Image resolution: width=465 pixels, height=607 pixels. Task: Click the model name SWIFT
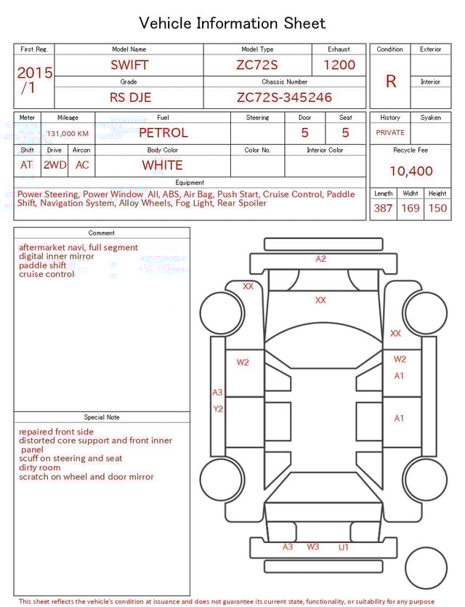[129, 65]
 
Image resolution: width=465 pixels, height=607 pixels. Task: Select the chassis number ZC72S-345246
[284, 97]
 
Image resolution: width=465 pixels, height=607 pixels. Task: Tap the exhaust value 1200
[339, 65]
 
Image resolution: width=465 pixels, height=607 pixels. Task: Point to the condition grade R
[390, 81]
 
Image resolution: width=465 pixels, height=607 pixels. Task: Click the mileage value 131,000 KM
[68, 134]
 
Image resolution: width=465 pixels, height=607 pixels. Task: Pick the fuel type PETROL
[163, 133]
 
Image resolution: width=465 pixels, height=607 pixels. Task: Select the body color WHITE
[162, 165]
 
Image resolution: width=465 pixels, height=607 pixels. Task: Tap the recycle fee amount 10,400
[411, 172]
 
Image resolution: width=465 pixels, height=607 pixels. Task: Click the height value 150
[437, 209]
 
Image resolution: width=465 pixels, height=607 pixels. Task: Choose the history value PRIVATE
[390, 133]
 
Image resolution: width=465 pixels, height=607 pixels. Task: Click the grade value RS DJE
[130, 97]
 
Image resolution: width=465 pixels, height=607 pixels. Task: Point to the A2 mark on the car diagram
[320, 259]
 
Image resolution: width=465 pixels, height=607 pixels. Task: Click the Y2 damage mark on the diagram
[217, 409]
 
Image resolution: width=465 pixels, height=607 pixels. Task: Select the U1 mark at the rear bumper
[344, 547]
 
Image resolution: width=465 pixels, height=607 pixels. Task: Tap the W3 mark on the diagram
[312, 547]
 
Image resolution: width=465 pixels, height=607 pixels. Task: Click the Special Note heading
[102, 417]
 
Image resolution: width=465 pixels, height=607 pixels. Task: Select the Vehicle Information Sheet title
[232, 23]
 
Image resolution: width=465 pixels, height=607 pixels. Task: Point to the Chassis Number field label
[284, 82]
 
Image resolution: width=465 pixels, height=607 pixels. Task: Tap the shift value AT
[26, 165]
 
